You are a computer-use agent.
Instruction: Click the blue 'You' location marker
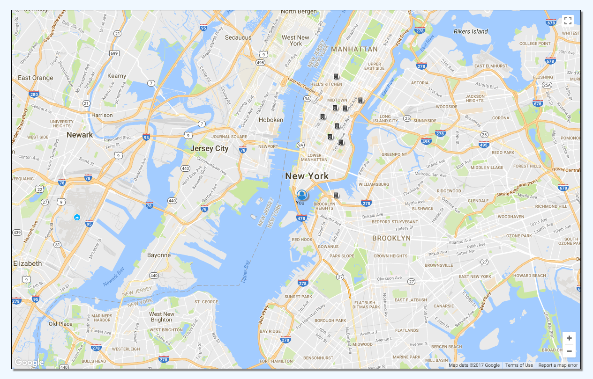point(301,195)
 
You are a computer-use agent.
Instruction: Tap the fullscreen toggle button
point(568,21)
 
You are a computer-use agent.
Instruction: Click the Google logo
point(29,362)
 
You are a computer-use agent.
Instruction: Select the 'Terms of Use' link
point(519,365)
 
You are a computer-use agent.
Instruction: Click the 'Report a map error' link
point(558,365)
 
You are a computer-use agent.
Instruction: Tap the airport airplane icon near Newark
point(77,218)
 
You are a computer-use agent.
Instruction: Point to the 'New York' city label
point(307,176)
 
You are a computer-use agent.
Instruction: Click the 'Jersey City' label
point(210,148)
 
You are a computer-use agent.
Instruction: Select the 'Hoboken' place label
point(271,120)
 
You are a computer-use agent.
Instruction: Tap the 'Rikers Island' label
point(471,31)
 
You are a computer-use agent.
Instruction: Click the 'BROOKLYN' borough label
point(391,238)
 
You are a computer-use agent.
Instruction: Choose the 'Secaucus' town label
point(238,37)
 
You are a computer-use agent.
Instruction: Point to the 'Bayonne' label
point(159,255)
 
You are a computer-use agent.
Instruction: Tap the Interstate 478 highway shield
point(301,218)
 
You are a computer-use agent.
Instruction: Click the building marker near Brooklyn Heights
point(336,195)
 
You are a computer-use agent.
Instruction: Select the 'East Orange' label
point(36,78)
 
